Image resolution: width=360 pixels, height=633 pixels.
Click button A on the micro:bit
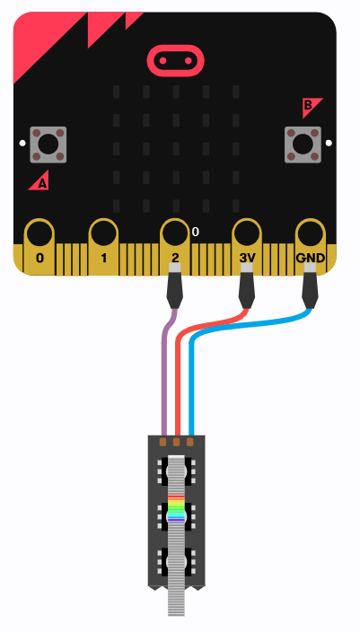click(x=48, y=145)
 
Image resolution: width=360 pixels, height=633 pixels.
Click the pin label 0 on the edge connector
click(x=40, y=258)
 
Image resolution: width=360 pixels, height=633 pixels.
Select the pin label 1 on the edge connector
click(x=104, y=258)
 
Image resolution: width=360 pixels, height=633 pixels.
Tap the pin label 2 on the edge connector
click(x=175, y=258)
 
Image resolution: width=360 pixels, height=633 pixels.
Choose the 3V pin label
click(x=247, y=258)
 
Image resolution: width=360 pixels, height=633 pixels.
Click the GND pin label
click(x=310, y=258)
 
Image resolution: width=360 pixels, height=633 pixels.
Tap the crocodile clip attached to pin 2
click(x=174, y=286)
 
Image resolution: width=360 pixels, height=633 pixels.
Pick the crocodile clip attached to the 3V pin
click(x=247, y=286)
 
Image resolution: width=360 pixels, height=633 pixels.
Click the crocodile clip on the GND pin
click(x=310, y=286)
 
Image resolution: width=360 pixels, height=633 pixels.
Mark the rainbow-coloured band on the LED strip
click(x=176, y=508)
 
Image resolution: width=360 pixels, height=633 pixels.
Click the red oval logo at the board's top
click(x=176, y=61)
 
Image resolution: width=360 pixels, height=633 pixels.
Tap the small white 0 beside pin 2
click(x=196, y=232)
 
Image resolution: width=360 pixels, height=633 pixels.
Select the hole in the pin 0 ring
click(x=40, y=234)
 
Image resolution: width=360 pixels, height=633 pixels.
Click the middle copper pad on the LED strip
click(x=176, y=442)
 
